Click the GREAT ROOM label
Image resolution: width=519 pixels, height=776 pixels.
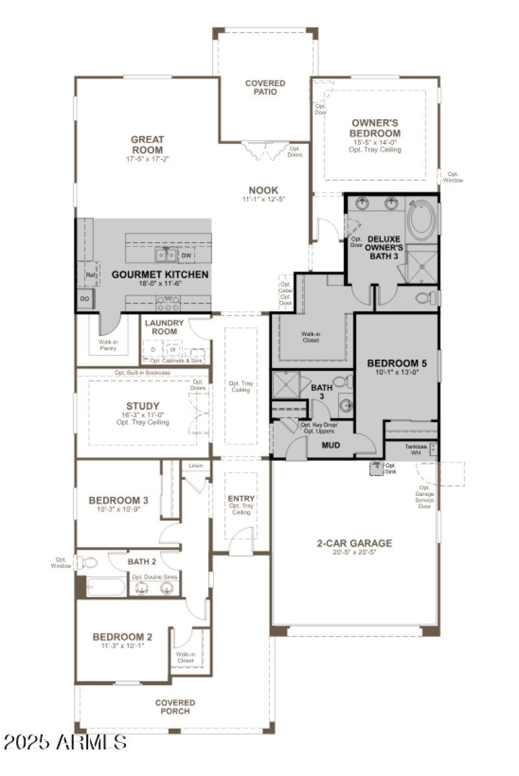147,144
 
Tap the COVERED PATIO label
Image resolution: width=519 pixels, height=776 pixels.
265,88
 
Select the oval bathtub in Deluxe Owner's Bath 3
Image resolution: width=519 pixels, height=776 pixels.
422,221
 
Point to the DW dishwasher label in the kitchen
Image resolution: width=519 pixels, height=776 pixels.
186,256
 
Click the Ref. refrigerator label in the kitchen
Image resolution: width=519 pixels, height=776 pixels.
90,275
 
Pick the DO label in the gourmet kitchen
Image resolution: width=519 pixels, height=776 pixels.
85,298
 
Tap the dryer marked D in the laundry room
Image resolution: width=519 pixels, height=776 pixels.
153,349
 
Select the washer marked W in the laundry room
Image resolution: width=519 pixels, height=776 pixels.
173,349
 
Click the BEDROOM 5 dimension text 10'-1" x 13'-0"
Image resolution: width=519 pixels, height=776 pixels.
396,373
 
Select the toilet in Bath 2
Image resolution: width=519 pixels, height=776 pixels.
90,562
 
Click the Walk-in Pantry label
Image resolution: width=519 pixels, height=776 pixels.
108,344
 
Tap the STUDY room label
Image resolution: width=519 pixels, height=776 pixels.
143,406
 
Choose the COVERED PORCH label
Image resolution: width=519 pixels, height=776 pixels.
175,707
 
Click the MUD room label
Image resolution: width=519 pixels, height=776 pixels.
331,445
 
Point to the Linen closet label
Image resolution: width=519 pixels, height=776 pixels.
195,465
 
